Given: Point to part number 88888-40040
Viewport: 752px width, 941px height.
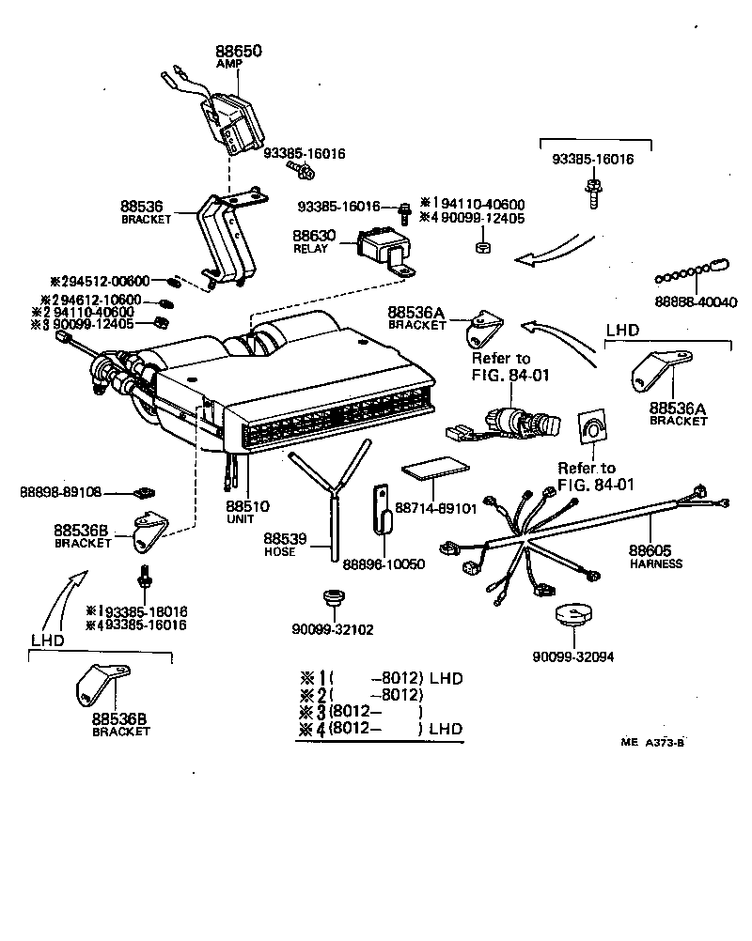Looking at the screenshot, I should click(x=696, y=302).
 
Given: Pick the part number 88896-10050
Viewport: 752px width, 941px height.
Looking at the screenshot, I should click(x=383, y=563).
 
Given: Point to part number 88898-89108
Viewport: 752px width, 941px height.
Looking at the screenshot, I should click(x=60, y=491).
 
